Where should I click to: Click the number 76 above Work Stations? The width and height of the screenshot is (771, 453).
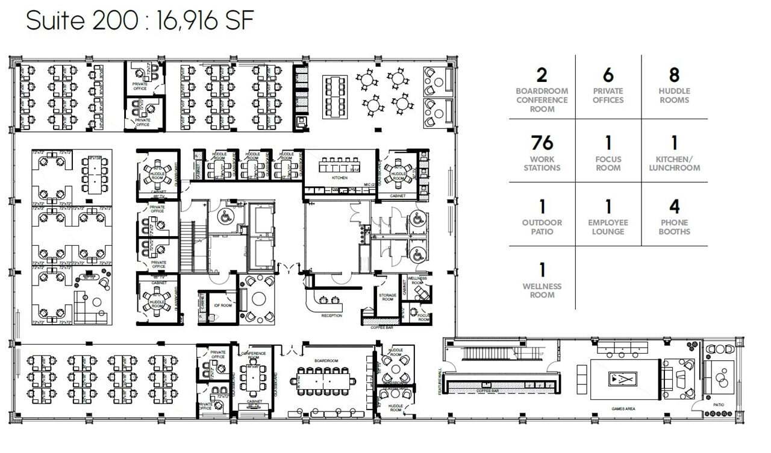pos(542,143)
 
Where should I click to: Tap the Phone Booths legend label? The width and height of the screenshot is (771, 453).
pos(674,227)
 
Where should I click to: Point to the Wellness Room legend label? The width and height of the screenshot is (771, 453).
pos(542,290)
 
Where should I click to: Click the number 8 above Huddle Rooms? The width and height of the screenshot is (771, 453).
pos(674,75)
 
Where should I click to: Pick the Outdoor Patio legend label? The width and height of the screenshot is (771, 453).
pos(542,227)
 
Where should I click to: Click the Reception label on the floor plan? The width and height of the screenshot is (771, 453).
pos(331,316)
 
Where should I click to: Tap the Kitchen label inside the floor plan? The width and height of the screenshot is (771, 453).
pos(340,178)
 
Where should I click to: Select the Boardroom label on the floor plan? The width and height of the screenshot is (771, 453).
pos(325,361)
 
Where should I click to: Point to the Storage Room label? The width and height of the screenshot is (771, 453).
pos(387,297)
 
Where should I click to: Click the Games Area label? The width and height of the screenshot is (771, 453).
pos(623,409)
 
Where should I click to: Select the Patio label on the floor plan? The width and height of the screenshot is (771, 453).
pos(719,405)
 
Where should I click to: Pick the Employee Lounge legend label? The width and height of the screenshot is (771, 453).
pos(608,227)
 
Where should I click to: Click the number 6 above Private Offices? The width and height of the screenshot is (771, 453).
pos(608,75)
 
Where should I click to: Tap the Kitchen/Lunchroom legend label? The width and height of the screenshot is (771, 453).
pos(674,164)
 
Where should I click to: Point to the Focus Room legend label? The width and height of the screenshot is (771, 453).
pos(608,164)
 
